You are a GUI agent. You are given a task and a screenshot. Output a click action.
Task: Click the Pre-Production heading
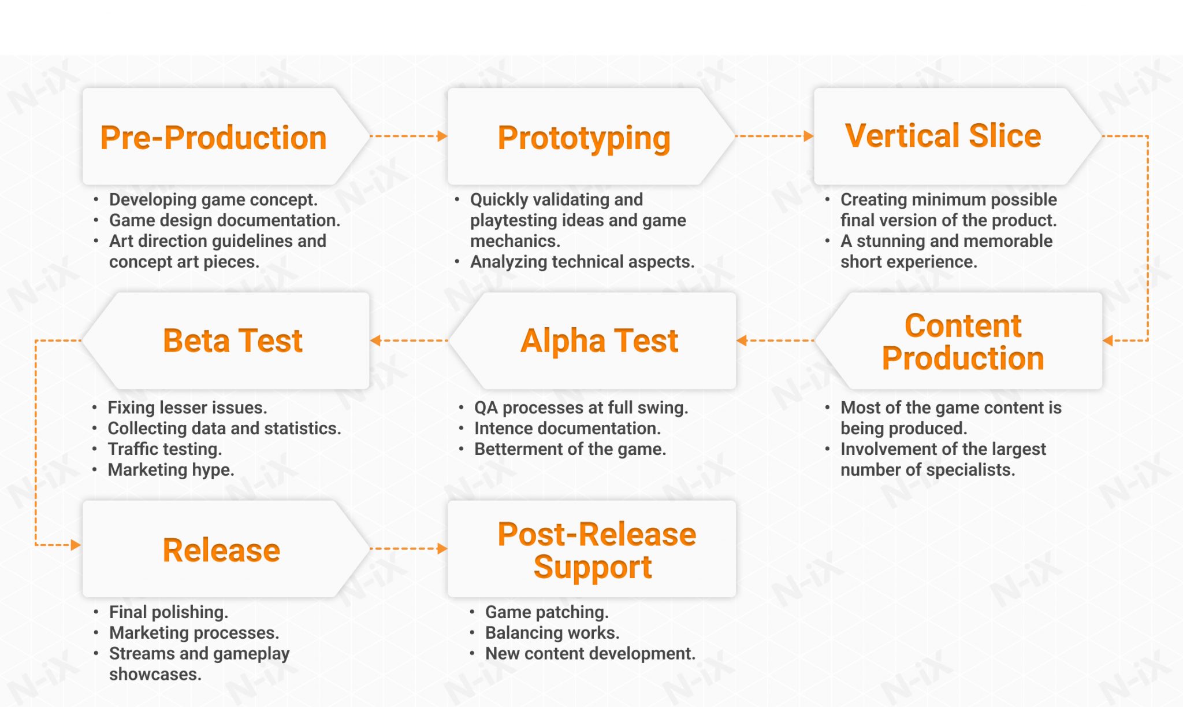coord(213,138)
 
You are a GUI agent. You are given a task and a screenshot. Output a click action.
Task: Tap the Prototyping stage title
coord(583,138)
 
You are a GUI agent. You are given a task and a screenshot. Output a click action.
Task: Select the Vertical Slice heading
coord(943,136)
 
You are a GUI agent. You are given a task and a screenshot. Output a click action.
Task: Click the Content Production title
coord(963,342)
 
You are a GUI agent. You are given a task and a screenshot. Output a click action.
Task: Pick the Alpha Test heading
coord(599,340)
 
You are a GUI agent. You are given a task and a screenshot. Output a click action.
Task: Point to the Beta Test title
coord(233,340)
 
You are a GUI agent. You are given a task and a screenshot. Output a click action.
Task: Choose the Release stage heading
coord(221,550)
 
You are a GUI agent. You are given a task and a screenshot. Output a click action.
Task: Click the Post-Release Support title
coord(597,550)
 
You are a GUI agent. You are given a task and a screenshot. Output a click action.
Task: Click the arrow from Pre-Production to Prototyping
coord(408,136)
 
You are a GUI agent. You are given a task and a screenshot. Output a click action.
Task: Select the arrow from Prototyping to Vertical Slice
coord(774,136)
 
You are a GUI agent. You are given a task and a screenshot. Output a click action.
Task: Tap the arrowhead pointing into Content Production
coord(1108,340)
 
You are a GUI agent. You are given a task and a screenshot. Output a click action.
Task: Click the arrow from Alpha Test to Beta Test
coord(408,340)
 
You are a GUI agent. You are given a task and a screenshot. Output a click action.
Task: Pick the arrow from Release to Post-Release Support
coord(408,549)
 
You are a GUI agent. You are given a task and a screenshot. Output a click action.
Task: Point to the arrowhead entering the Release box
coord(75,545)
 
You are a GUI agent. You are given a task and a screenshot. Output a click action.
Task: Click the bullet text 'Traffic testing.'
coord(165,449)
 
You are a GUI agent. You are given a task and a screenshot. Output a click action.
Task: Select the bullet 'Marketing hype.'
coord(171,470)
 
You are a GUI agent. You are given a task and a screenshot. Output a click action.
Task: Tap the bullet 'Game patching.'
coord(546,612)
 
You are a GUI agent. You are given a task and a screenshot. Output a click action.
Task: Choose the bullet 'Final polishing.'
coord(169,612)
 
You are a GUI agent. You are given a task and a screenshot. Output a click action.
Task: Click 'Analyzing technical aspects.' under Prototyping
coord(582,262)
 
